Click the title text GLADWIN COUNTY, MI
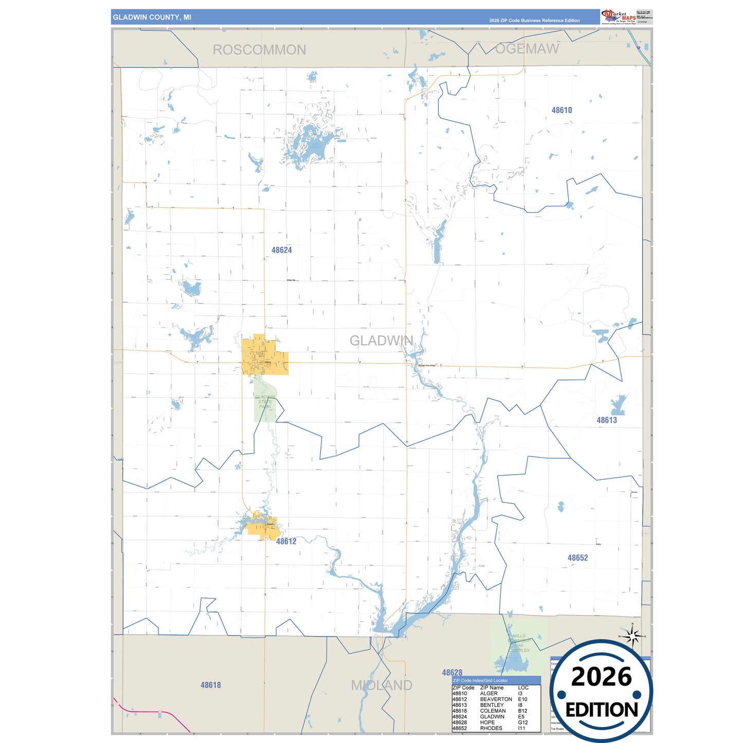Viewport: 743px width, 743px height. tap(152, 17)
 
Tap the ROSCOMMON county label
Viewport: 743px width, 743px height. tap(259, 50)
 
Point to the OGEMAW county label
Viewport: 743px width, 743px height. tap(527, 49)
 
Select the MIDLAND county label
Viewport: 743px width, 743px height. tap(382, 685)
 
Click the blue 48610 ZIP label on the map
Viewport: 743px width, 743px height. tap(561, 110)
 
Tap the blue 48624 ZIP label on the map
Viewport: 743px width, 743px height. tap(281, 250)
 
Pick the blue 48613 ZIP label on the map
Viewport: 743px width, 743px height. tap(607, 420)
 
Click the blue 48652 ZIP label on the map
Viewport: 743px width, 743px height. tap(577, 558)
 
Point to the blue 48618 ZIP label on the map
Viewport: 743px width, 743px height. tap(210, 685)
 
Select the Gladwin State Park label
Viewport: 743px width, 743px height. tap(265, 402)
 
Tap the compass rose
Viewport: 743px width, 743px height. tap(632, 636)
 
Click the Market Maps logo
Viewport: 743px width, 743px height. tap(619, 17)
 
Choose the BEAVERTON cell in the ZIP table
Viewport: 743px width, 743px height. tap(496, 699)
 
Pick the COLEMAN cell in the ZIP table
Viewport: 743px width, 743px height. tap(493, 711)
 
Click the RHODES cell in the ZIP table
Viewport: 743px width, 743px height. tap(491, 728)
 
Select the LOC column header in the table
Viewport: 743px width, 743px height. tap(523, 687)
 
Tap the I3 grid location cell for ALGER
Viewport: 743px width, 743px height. tap(520, 694)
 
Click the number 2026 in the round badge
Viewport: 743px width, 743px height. tap(601, 677)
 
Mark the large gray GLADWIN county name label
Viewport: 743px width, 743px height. tap(381, 340)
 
